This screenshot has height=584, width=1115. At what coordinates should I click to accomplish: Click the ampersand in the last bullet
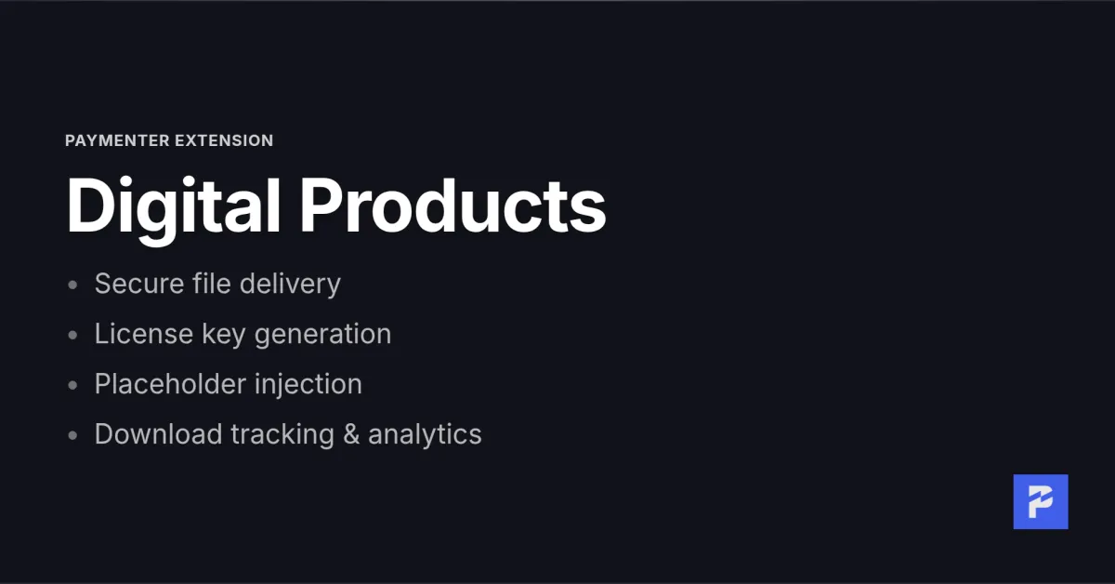(351, 434)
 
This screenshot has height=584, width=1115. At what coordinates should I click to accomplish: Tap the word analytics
(425, 435)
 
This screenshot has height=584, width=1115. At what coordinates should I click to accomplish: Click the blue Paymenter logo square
(1041, 502)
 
